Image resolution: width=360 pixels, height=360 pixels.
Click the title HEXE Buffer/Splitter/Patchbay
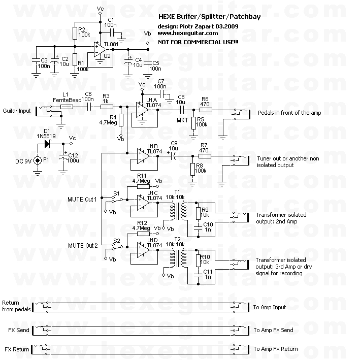click(x=202, y=17)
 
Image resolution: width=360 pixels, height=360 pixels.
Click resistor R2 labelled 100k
click(x=75, y=34)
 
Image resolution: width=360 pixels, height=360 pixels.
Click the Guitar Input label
click(x=16, y=110)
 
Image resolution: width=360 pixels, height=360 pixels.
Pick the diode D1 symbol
click(x=47, y=144)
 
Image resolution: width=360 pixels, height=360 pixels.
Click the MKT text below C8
click(x=182, y=120)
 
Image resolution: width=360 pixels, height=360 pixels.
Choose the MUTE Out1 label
click(x=82, y=199)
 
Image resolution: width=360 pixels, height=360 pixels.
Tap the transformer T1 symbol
click(x=177, y=209)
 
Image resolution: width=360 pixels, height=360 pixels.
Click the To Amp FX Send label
click(x=273, y=330)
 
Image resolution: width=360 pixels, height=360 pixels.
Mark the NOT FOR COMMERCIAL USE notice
click(x=198, y=41)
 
